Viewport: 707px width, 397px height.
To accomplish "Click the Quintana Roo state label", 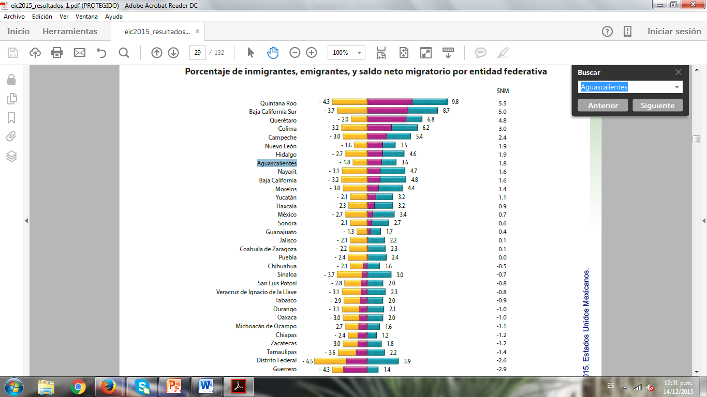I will (278, 103).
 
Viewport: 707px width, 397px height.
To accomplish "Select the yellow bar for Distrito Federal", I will (330, 361).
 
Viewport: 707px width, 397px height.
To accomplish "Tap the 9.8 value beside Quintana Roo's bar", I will (455, 102).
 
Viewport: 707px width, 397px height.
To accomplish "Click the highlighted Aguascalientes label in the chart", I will (277, 163).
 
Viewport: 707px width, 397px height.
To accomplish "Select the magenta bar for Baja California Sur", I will (387, 111).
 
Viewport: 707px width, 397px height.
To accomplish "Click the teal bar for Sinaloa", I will (379, 274).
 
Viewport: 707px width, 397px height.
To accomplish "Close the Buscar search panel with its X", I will (679, 72).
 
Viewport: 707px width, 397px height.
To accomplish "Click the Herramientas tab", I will (70, 32).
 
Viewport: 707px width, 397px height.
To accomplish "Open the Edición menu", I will (42, 17).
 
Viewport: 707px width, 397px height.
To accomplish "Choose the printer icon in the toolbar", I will (57, 53).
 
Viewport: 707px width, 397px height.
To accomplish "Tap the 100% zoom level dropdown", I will (346, 53).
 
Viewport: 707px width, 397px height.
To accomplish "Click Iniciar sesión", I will (674, 32).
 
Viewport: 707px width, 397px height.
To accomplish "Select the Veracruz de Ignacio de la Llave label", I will (256, 292).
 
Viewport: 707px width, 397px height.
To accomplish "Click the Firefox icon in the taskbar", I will (108, 386).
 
